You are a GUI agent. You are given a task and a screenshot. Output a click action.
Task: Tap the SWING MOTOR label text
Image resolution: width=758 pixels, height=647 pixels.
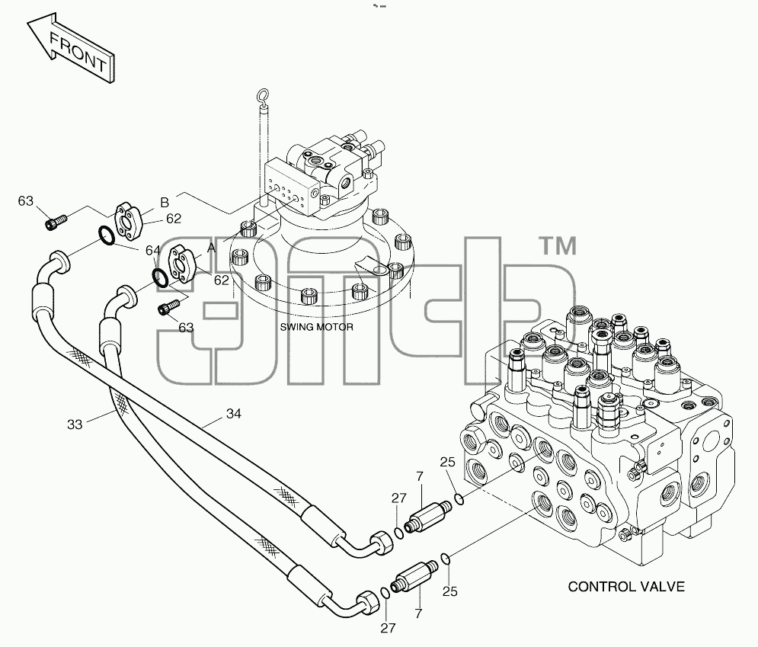(x=317, y=328)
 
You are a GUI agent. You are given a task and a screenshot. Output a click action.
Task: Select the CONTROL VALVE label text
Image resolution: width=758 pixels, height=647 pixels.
(x=626, y=587)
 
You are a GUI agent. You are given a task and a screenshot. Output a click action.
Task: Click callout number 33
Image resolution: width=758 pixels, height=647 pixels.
(x=75, y=424)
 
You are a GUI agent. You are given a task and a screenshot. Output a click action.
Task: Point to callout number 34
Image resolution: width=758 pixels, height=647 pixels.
(x=233, y=414)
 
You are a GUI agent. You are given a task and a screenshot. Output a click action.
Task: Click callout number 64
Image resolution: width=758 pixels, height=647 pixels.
(x=153, y=251)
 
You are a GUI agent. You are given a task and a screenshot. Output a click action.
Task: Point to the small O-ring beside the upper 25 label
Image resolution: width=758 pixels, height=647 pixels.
(x=459, y=498)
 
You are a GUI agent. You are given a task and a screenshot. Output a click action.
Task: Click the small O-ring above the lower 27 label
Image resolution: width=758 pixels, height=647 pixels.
(x=385, y=593)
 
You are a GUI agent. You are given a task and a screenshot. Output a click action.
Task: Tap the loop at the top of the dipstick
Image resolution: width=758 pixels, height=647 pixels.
(x=264, y=96)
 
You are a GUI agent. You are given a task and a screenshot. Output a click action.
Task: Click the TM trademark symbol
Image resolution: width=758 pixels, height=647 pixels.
(x=558, y=245)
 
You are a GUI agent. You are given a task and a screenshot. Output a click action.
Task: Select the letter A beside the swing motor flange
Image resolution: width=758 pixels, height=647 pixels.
(x=211, y=248)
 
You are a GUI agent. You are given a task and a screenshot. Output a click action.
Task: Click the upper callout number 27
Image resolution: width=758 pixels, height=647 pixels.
(x=399, y=498)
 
